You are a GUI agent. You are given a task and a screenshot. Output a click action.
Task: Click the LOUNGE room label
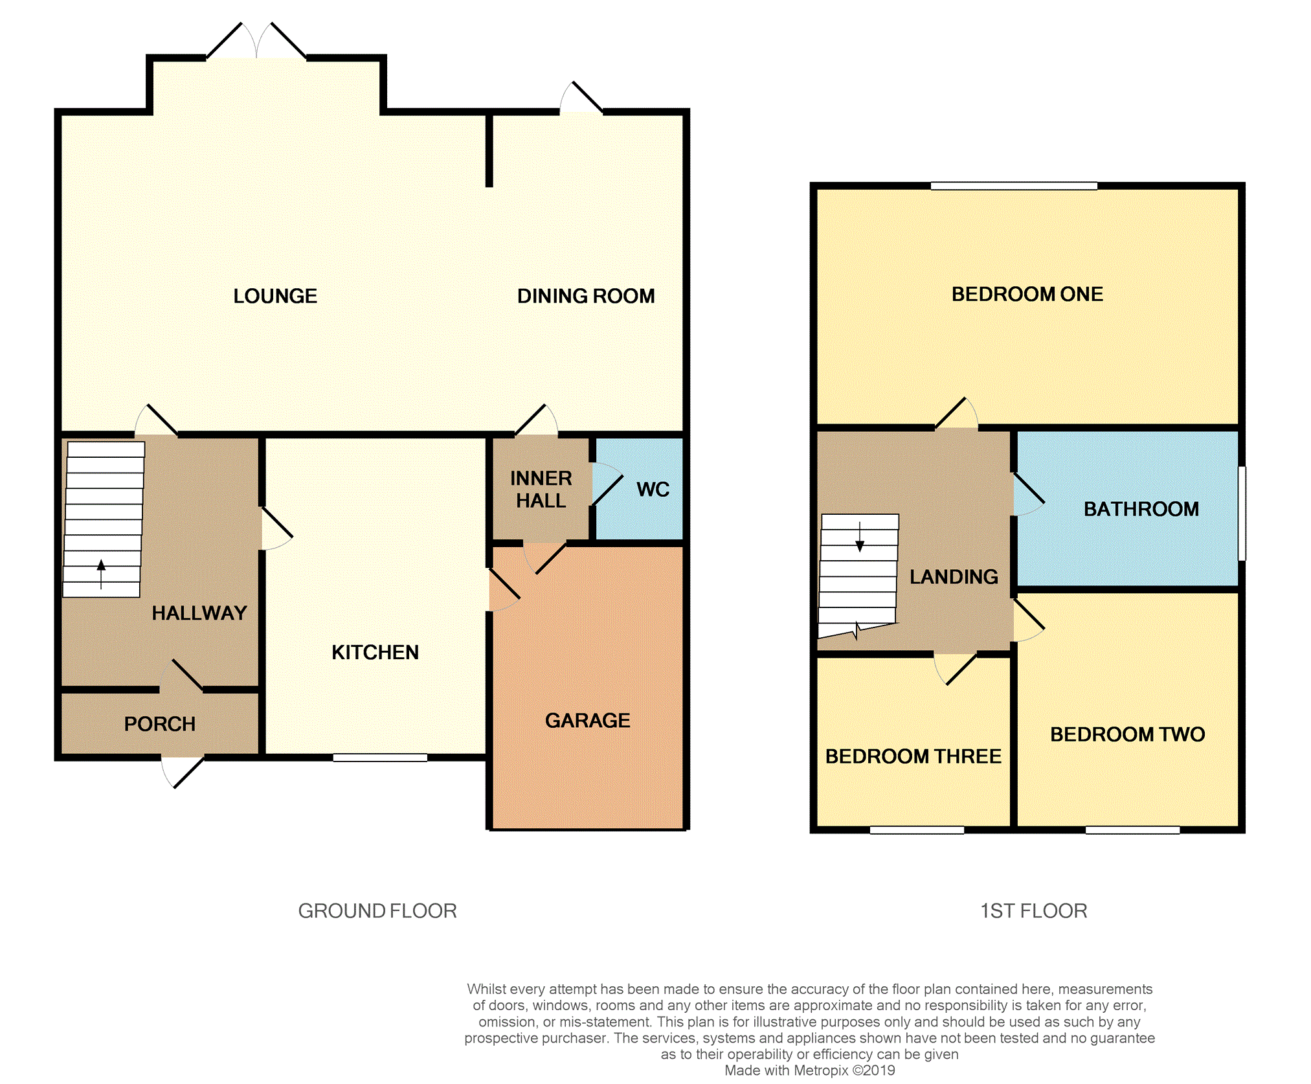click(275, 296)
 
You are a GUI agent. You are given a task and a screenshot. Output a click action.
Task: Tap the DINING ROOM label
click(586, 296)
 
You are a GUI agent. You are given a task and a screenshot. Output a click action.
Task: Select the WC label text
click(653, 490)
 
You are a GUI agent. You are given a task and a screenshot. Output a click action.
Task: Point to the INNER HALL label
click(541, 490)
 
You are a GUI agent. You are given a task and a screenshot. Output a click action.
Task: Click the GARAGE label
click(588, 720)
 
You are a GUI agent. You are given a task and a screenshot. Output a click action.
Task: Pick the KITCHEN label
click(375, 652)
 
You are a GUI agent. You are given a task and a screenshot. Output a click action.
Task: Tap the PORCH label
click(160, 723)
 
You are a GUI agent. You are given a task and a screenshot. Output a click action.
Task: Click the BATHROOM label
click(1141, 509)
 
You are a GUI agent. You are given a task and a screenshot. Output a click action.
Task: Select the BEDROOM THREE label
click(913, 756)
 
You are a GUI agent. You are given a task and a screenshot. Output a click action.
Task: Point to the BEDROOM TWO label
click(1128, 734)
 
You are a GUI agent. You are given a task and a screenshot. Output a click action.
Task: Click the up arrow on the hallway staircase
click(101, 574)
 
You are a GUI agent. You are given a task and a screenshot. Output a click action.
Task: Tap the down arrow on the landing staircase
click(860, 537)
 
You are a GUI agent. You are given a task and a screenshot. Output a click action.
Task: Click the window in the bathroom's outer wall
click(1242, 513)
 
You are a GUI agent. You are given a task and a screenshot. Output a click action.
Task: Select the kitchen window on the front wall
click(380, 758)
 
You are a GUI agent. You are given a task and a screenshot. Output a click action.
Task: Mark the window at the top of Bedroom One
click(1014, 186)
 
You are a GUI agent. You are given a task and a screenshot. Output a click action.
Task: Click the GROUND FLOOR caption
click(377, 911)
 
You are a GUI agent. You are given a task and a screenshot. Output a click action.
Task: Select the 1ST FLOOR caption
click(1033, 911)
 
